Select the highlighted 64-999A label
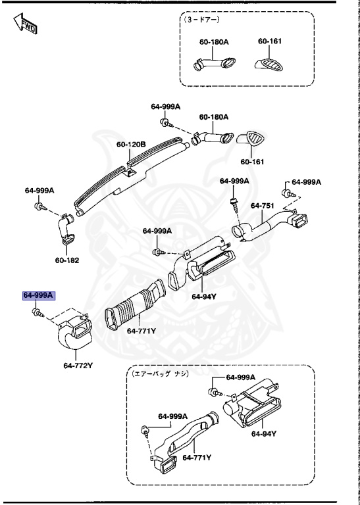click(39, 296)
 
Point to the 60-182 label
click(66, 260)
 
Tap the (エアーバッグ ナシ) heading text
click(161, 374)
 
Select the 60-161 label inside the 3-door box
click(270, 41)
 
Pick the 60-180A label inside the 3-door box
click(214, 41)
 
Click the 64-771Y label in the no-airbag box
click(197, 458)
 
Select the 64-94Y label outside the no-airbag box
click(205, 297)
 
